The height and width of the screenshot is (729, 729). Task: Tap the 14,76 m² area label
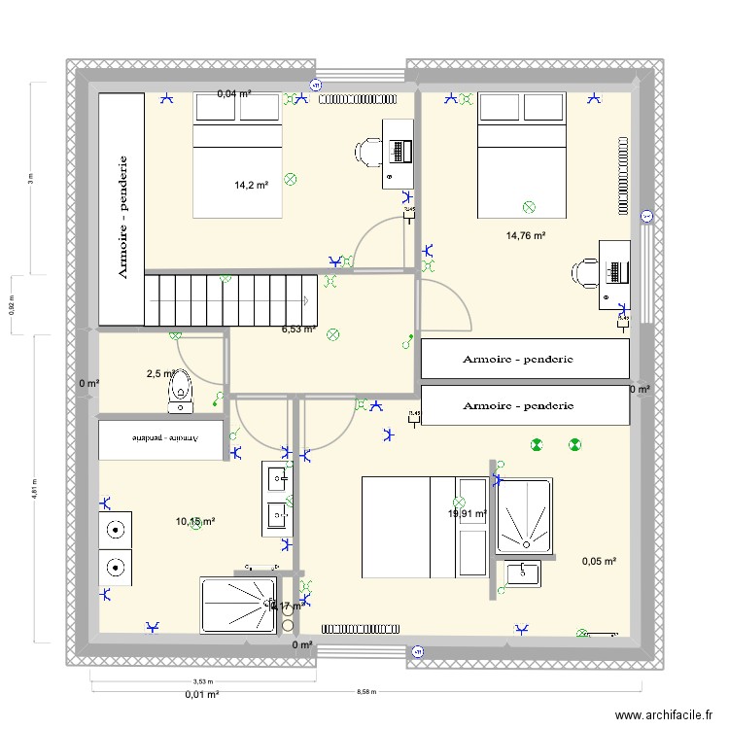(525, 235)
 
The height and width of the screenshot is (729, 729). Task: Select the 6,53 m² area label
(298, 330)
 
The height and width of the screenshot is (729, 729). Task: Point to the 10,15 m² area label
(195, 522)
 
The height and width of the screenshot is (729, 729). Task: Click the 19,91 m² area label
(467, 514)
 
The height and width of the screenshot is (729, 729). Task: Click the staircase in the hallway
(231, 299)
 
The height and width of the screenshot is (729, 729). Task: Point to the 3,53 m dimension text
(202, 682)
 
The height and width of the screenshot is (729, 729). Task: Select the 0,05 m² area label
(599, 561)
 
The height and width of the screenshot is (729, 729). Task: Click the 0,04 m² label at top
(233, 94)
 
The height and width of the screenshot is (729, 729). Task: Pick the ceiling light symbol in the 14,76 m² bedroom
(529, 207)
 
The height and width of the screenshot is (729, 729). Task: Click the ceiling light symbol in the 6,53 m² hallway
(333, 335)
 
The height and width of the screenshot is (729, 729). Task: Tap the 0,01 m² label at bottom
(202, 695)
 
